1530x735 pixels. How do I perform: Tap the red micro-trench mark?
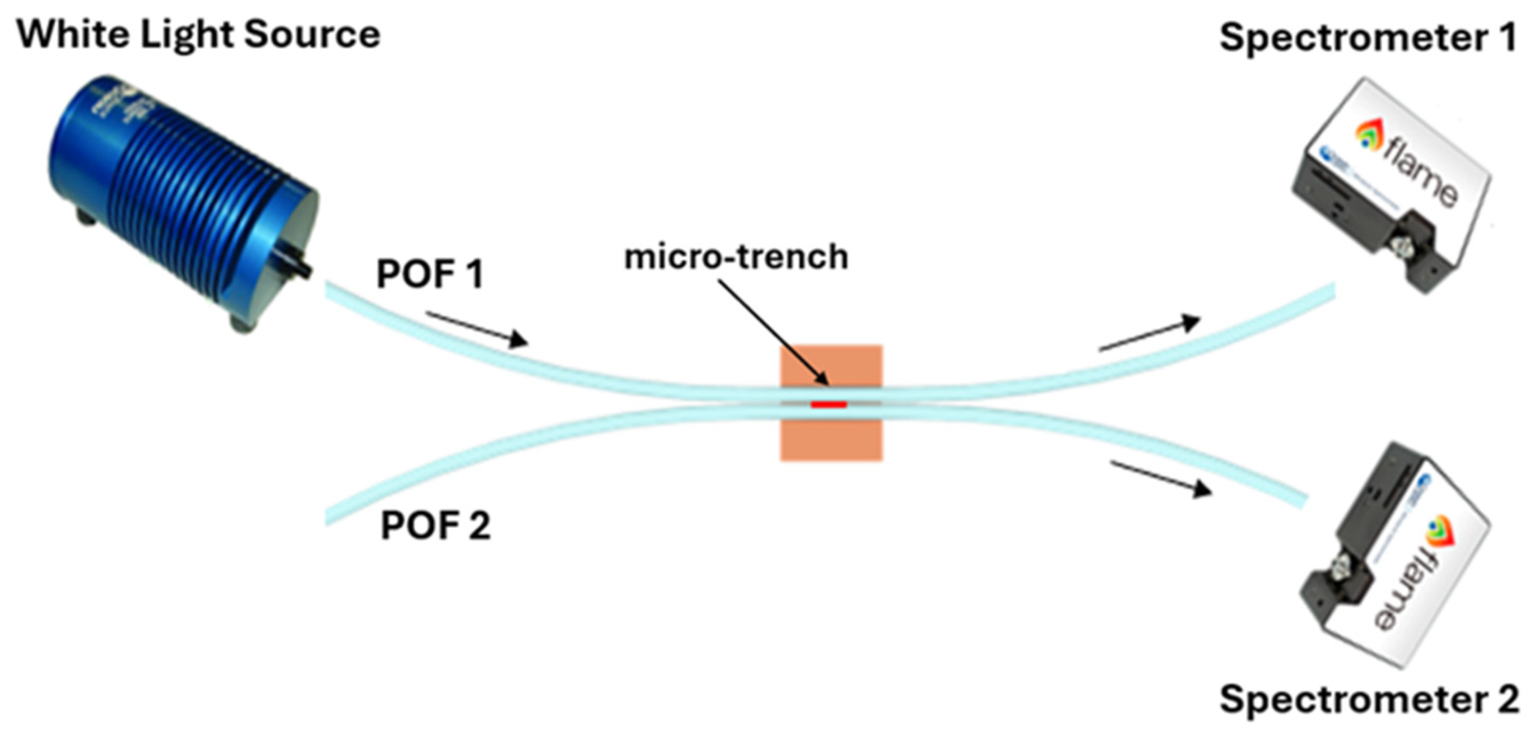pos(829,405)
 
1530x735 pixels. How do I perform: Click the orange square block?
pos(831,439)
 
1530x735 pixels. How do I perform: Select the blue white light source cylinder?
pos(178,196)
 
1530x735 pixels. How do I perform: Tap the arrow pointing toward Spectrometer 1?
pos(1149,334)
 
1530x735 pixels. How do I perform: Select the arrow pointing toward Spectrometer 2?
pos(1161,478)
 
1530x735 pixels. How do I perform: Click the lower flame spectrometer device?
pos(1396,558)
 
